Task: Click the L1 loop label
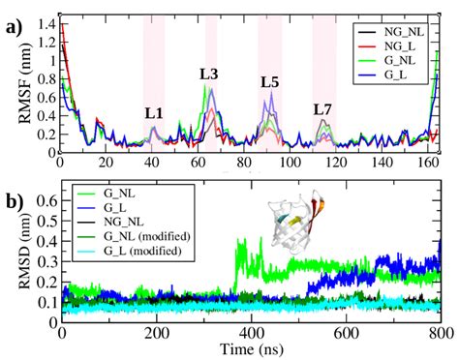click(x=154, y=113)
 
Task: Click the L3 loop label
click(x=208, y=74)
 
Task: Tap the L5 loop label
click(x=270, y=81)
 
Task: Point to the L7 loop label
click(x=322, y=109)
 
